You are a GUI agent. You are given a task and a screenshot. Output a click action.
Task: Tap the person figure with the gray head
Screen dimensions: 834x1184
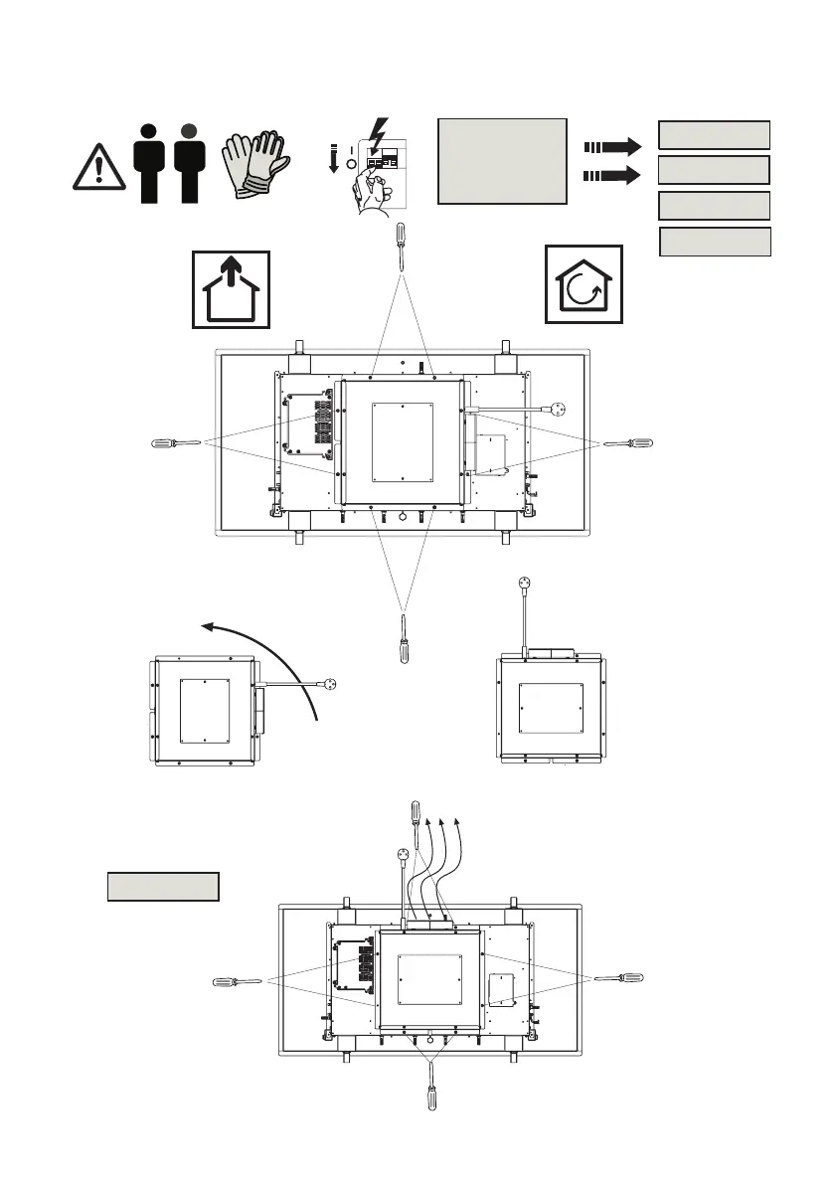pos(189,164)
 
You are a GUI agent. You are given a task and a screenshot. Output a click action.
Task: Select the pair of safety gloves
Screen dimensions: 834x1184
pos(253,166)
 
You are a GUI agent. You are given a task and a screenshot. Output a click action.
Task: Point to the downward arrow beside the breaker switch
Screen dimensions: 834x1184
pos(335,157)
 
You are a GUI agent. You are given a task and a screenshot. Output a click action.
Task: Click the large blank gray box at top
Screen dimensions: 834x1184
pos(502,160)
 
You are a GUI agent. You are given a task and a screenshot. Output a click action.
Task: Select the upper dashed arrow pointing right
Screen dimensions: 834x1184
pos(612,145)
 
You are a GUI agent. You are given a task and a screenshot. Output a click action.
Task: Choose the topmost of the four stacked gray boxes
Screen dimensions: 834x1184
pos(715,135)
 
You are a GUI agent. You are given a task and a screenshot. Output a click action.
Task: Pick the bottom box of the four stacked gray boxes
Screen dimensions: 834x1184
pos(716,242)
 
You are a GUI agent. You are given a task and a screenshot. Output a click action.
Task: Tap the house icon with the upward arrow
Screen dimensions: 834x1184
pos(231,288)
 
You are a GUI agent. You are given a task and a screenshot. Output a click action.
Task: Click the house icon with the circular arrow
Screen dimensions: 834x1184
pos(584,284)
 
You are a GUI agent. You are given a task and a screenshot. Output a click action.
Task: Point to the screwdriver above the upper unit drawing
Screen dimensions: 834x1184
pos(402,244)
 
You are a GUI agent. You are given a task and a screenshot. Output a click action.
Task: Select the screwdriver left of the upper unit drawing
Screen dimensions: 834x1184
pos(174,442)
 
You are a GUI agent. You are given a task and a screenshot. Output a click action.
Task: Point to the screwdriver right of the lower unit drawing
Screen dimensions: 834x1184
pos(621,980)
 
